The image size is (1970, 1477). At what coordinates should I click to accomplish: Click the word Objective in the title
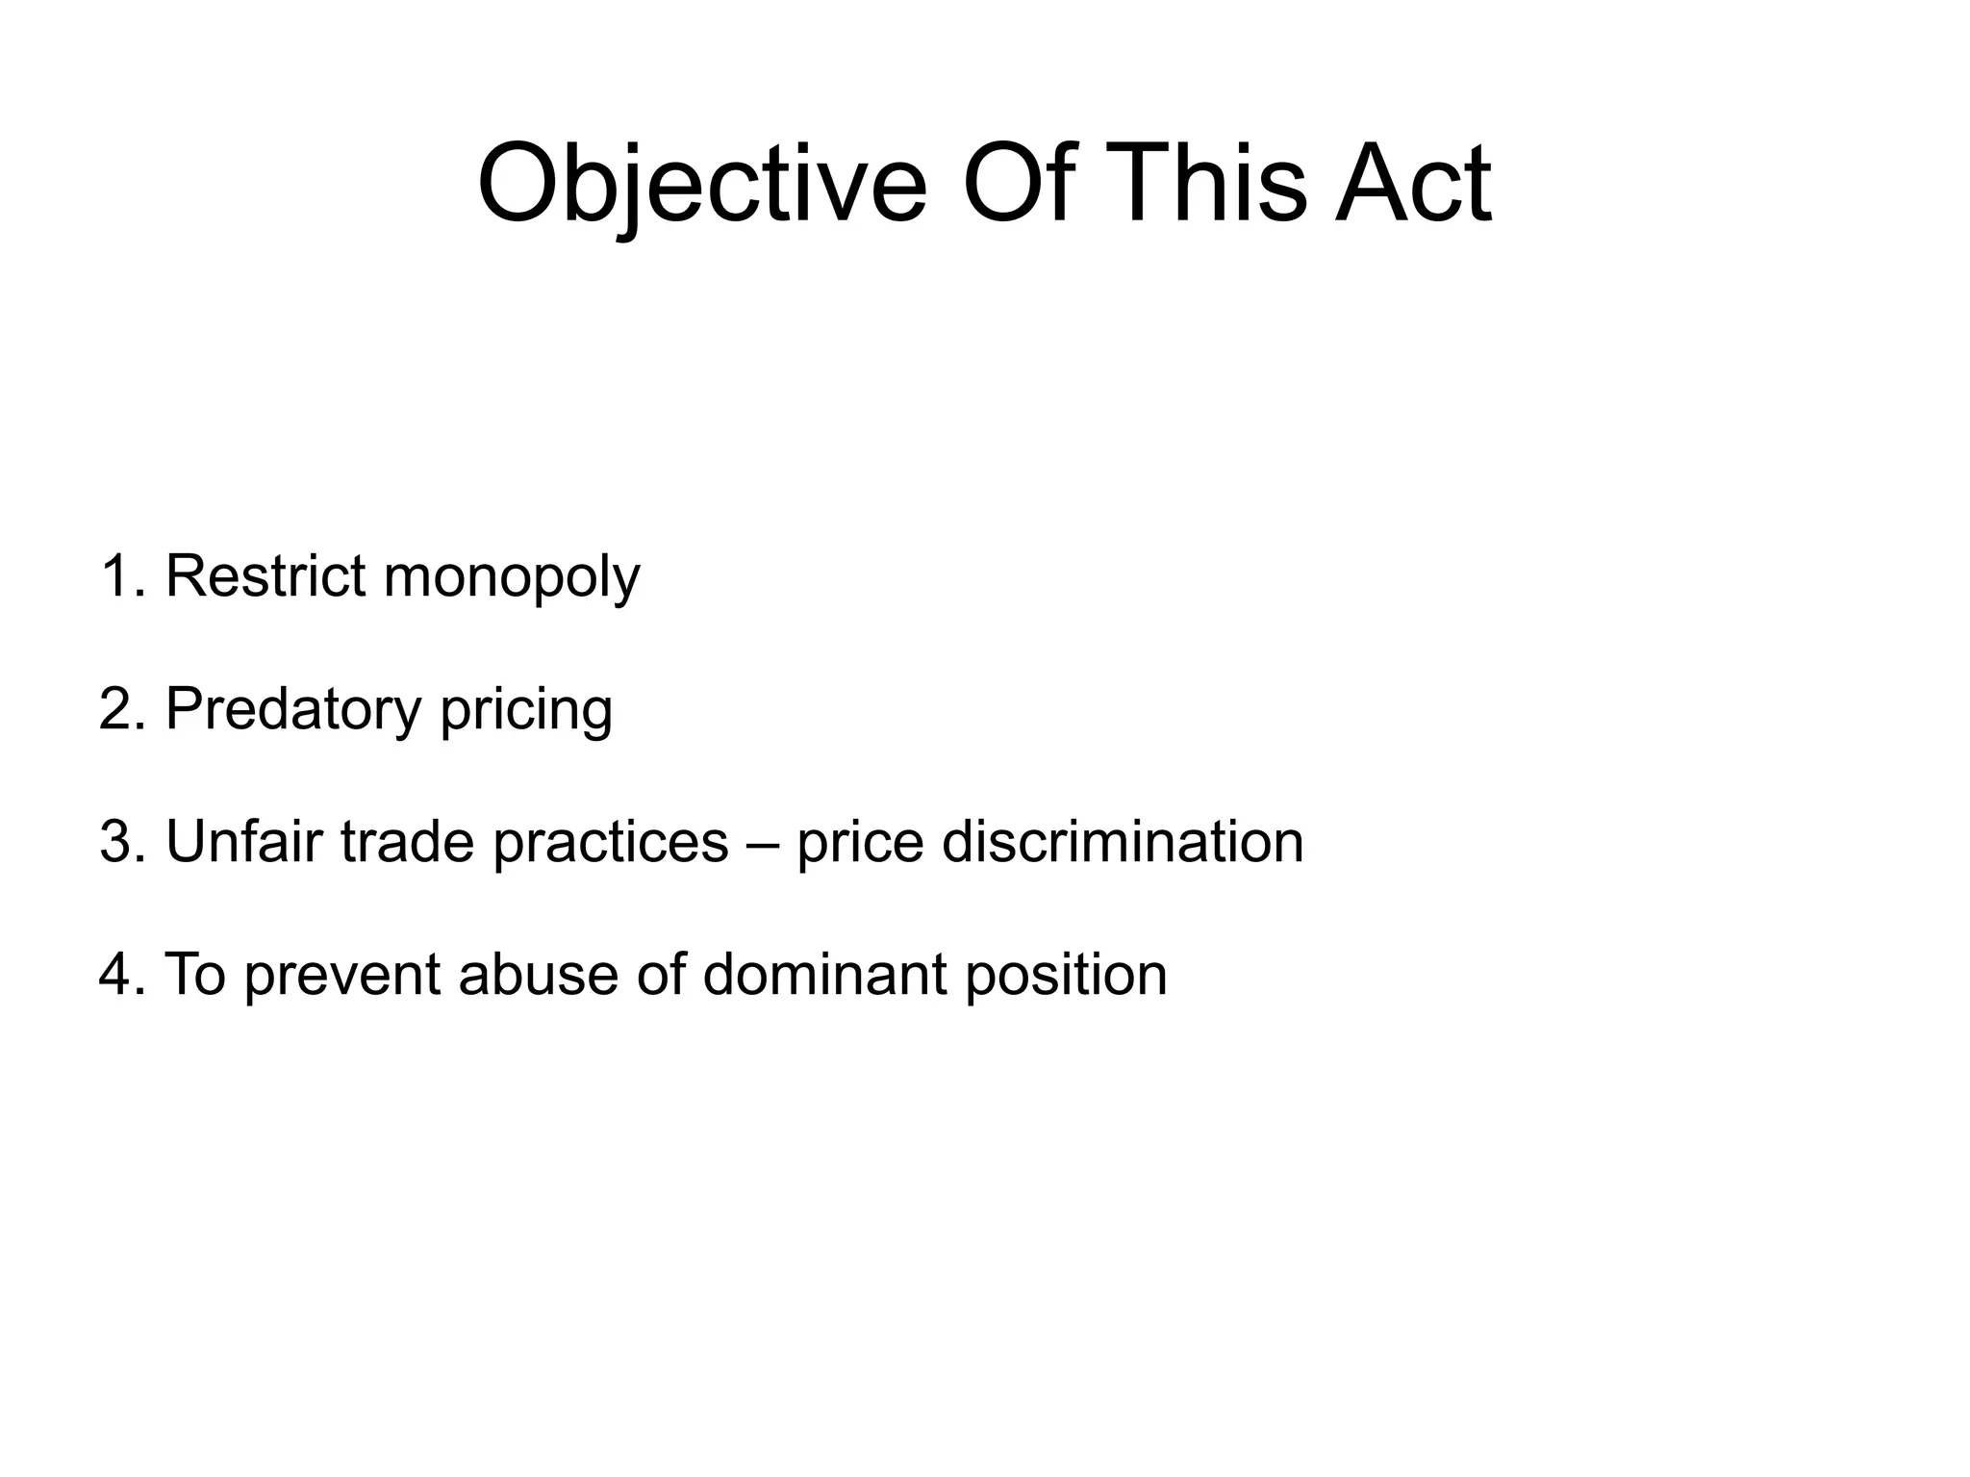(x=702, y=185)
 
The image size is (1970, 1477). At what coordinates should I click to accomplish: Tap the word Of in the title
(x=1018, y=185)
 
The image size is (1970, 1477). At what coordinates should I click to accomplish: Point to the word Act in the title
(x=1412, y=185)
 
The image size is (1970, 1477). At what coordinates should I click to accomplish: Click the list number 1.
(x=116, y=576)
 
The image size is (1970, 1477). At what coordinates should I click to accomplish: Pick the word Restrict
(x=265, y=576)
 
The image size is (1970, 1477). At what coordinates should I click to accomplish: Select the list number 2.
(x=116, y=709)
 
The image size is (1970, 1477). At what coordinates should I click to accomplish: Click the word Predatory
(x=293, y=711)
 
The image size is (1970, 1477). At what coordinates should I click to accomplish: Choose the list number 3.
(x=116, y=842)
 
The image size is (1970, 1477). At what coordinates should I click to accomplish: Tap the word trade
(x=408, y=842)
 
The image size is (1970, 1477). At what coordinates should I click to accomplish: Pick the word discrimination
(x=1123, y=842)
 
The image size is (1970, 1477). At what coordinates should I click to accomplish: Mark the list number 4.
(x=116, y=975)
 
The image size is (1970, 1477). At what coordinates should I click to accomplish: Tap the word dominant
(x=824, y=975)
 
